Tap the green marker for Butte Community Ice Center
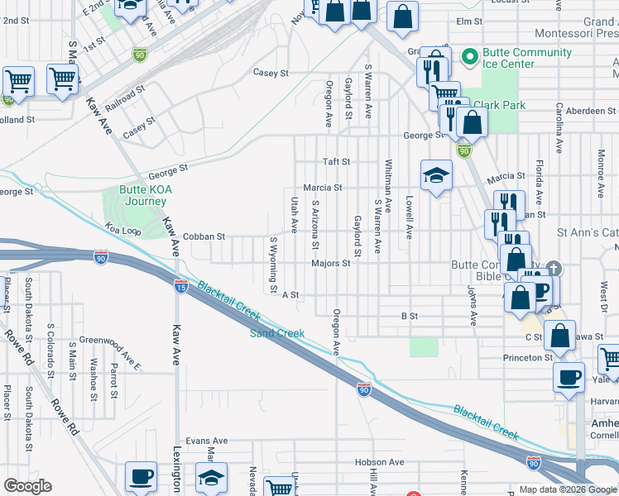click(469, 57)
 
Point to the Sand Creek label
click(277, 333)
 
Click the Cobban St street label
click(204, 236)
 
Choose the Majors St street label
click(331, 264)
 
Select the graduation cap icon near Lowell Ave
click(436, 175)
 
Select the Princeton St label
click(527, 358)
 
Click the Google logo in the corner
click(27, 486)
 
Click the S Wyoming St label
click(273, 265)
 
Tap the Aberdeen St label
click(591, 111)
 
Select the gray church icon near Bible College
click(554, 269)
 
